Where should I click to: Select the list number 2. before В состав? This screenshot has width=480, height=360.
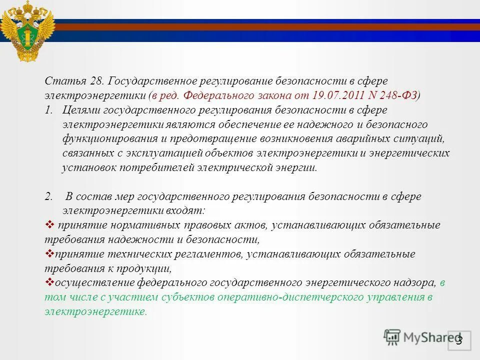click(x=48, y=197)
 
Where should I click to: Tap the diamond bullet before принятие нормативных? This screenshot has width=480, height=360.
click(x=49, y=224)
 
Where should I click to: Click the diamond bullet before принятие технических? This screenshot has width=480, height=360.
click(x=49, y=253)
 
